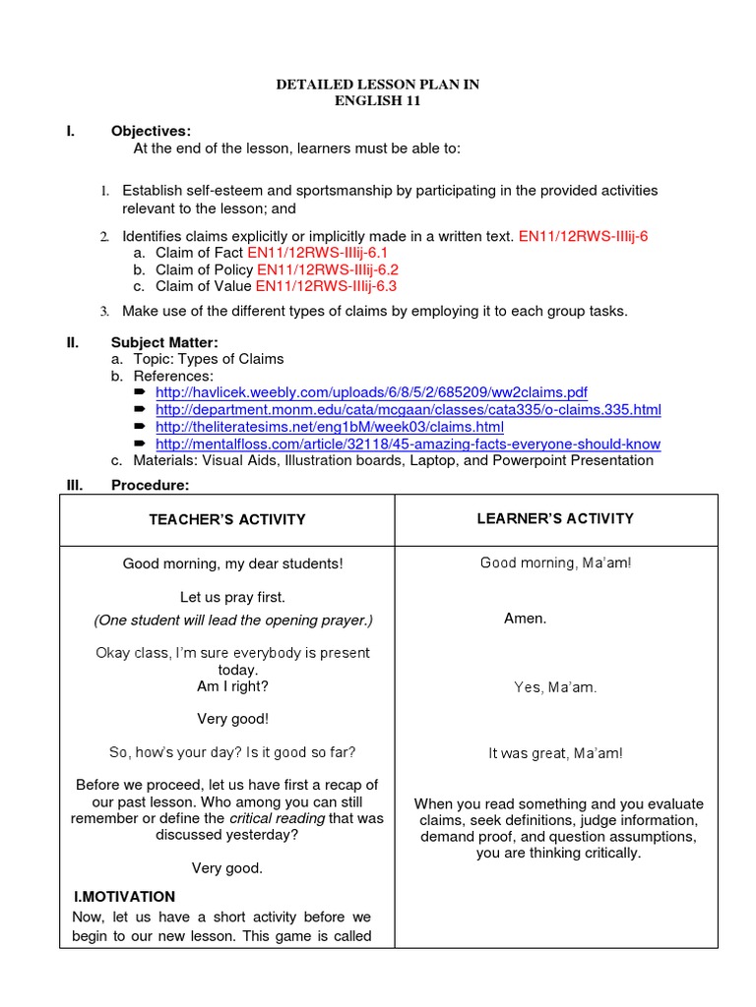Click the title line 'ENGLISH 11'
coord(378,101)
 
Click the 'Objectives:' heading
coord(151,131)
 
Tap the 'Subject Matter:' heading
coord(164,342)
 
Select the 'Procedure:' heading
coord(150,485)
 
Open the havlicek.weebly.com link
coord(371,392)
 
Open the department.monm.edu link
coord(408,409)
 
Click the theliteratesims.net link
coord(329,427)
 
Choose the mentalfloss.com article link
coord(408,444)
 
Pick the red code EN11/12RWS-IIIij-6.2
coord(327,269)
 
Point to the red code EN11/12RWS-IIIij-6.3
coord(326,286)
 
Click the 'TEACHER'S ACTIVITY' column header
coord(227,519)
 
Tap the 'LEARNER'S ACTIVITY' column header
coord(556,518)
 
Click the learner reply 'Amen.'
coord(525,619)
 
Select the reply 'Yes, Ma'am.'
coord(555,687)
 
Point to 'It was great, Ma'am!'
coord(555,753)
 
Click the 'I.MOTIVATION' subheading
coord(125,897)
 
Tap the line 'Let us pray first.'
coord(232,597)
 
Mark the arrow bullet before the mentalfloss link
coord(140,444)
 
